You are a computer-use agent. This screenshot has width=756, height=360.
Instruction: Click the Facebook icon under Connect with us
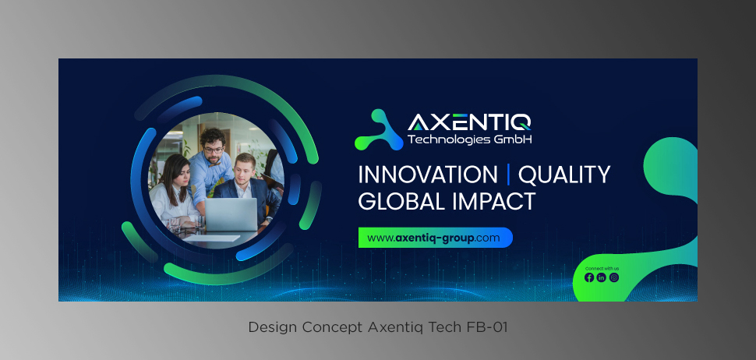pos(588,277)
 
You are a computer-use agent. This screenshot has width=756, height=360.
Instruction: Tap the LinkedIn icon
pos(601,277)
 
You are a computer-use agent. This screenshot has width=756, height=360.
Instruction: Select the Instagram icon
pos(614,277)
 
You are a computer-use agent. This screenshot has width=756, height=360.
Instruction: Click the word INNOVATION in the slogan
pos(428,175)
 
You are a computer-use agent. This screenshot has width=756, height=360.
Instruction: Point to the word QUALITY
pos(564,175)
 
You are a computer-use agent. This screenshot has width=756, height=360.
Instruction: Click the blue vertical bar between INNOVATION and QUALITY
pos(508,175)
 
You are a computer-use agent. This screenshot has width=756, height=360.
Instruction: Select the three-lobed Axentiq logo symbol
pos(379,129)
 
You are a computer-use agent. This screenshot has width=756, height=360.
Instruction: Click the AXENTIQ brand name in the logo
pos(469,122)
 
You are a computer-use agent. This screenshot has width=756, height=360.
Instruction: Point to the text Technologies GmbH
pos(470,139)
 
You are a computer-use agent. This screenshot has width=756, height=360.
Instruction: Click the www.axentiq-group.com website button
pos(436,238)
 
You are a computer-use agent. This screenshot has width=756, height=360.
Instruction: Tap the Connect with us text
pos(602,268)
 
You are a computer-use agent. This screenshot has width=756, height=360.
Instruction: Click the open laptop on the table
pos(231,214)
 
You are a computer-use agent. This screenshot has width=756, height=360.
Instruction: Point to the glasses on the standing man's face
pos(213,150)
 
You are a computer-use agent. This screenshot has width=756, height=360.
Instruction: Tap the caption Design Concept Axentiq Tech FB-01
pos(378,327)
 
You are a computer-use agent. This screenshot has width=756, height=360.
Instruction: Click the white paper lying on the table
pos(212,238)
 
